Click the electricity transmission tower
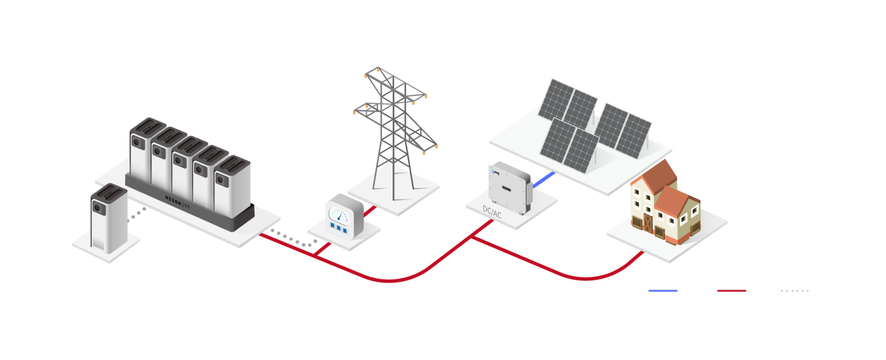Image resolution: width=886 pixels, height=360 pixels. tap(394, 133)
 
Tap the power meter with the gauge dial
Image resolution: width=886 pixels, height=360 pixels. tap(343, 217)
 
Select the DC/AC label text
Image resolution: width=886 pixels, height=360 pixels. tap(492, 212)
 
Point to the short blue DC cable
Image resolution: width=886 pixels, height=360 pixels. tap(544, 179)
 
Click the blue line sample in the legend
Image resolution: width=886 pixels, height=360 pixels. tap(663, 290)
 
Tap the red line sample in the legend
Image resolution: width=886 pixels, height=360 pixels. tap(731, 290)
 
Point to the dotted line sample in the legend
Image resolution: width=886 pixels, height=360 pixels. tap(795, 290)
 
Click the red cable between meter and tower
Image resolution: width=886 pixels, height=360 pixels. tap(370, 211)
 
